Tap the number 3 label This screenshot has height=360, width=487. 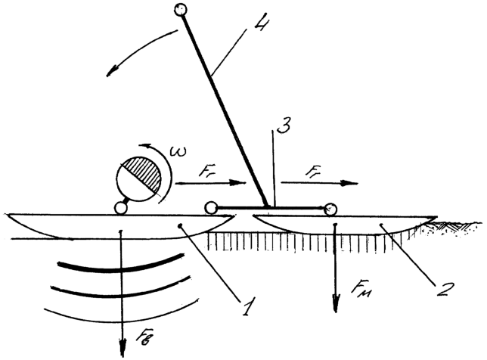click(284, 124)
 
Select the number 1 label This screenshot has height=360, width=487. click(249, 306)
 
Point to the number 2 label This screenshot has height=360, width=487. click(445, 289)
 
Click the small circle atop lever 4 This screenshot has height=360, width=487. click(181, 9)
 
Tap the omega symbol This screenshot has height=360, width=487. click(178, 151)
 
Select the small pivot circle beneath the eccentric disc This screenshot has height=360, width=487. click(120, 208)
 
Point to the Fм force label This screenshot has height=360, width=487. click(361, 290)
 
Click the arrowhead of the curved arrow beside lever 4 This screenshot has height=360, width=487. click(112, 71)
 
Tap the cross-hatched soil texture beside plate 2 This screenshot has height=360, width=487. click(451, 226)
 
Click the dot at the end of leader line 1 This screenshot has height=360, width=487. click(180, 226)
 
